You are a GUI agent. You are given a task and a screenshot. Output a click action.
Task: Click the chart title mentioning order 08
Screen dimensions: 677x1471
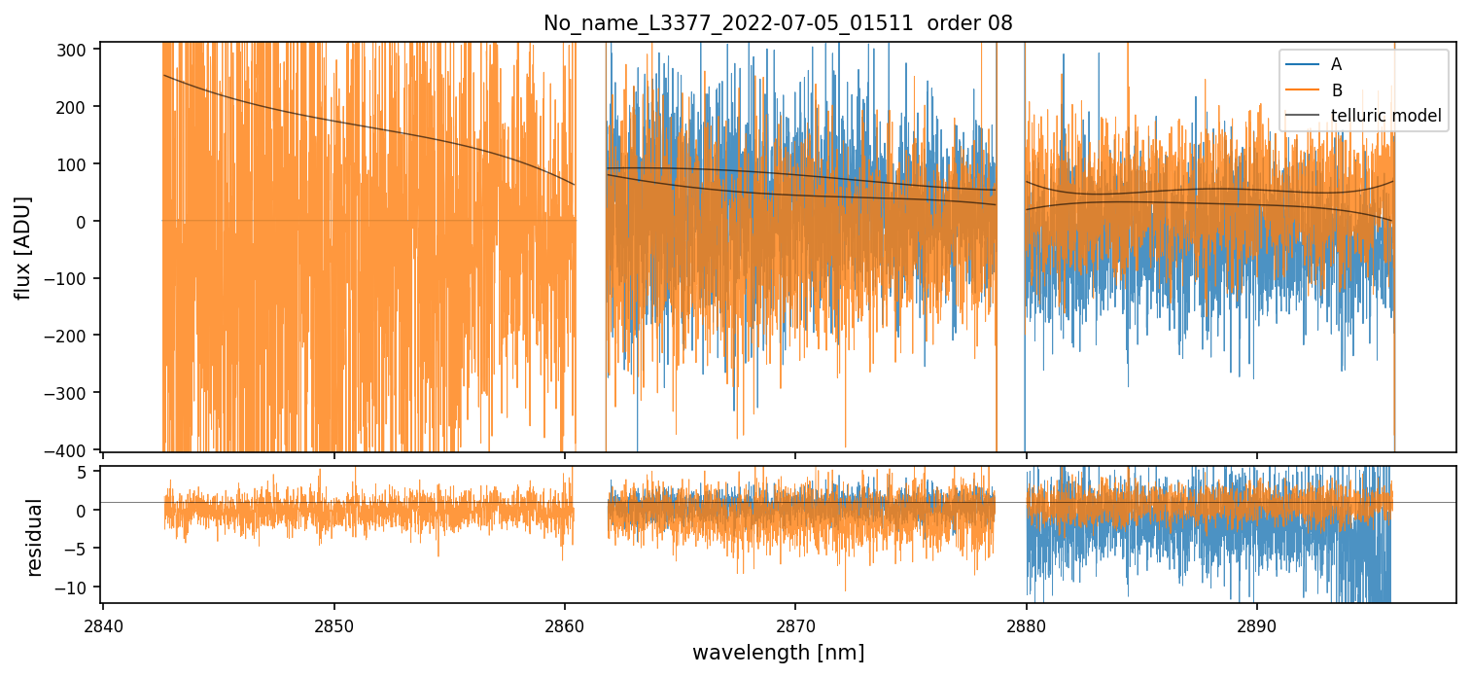[778, 23]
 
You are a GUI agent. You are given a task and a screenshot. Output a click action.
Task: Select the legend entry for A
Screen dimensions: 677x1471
[1336, 64]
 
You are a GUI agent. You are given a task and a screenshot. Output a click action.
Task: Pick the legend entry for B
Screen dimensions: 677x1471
[1336, 90]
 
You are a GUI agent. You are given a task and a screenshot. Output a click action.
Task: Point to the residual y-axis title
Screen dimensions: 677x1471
[35, 537]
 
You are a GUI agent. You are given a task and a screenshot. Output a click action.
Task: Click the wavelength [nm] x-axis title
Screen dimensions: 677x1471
[778, 652]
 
